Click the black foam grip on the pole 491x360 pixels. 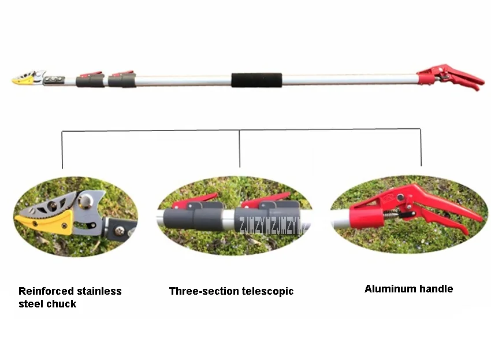(256, 80)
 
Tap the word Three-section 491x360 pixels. (200, 291)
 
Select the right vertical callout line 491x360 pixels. (421, 148)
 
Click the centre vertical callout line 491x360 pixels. (240, 148)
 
